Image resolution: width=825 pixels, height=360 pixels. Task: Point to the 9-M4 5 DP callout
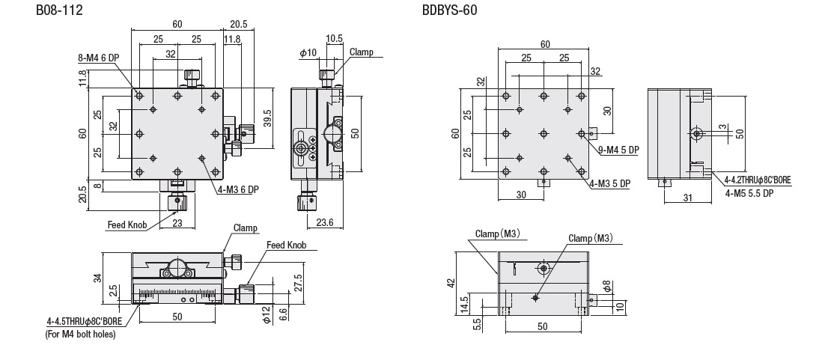coord(618,150)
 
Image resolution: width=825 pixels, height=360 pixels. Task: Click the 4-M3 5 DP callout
coord(609,183)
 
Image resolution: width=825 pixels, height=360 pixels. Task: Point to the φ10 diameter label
coord(308,52)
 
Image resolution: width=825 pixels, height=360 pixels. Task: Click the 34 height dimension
coord(96,278)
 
